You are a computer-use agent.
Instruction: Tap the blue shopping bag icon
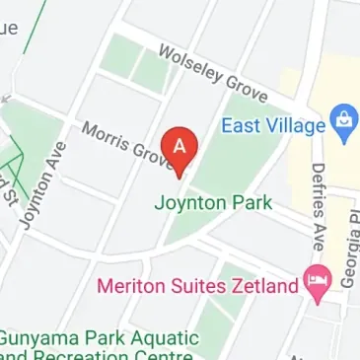click(343, 119)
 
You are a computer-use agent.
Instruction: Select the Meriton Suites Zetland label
click(197, 287)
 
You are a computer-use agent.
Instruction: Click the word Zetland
click(266, 287)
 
